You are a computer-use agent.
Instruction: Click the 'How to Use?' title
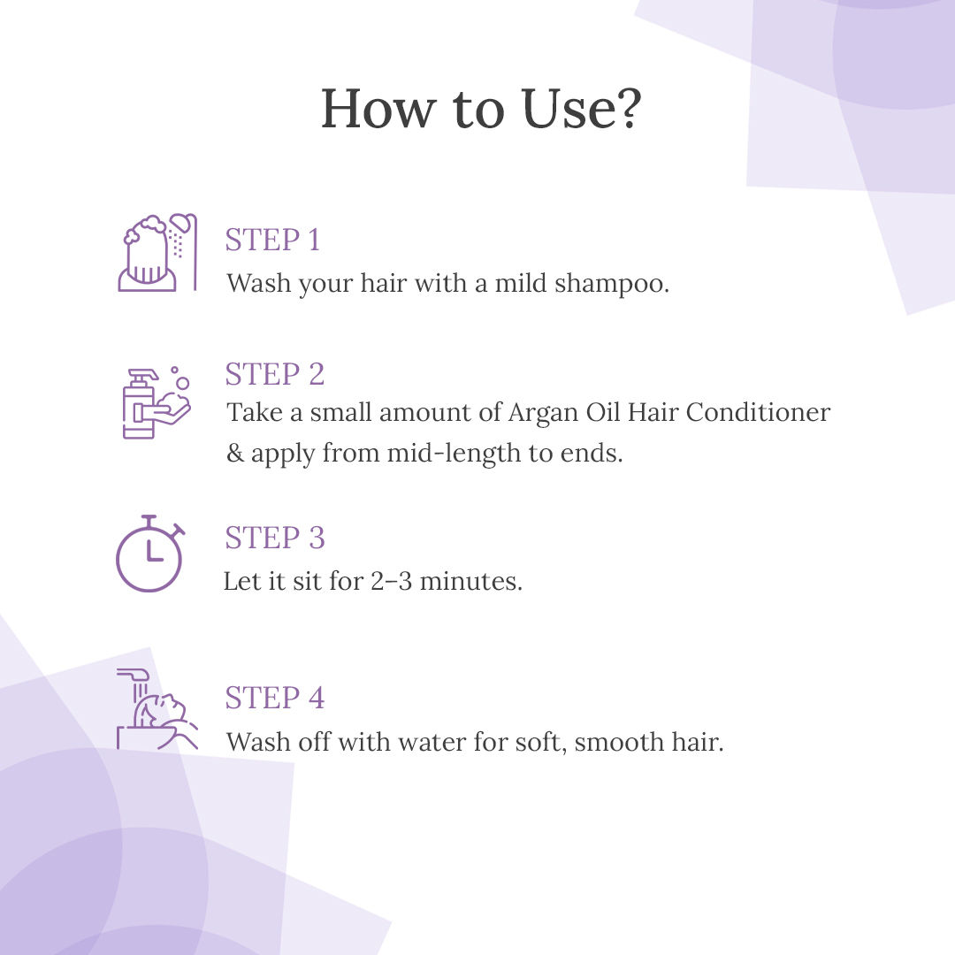click(x=481, y=109)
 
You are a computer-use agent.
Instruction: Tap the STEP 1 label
click(x=272, y=240)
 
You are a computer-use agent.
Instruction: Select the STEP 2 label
click(x=275, y=374)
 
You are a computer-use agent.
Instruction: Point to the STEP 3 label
click(x=275, y=538)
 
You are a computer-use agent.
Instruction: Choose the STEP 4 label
click(x=275, y=698)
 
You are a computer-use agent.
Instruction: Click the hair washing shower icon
click(x=157, y=252)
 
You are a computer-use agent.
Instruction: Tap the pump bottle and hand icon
click(x=157, y=402)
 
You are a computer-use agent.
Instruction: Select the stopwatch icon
click(x=149, y=553)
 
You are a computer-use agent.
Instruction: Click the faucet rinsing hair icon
click(x=157, y=708)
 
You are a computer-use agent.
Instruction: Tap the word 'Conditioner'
click(x=759, y=412)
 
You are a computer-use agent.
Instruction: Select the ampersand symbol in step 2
click(x=235, y=453)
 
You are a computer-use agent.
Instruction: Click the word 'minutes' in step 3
click(x=470, y=581)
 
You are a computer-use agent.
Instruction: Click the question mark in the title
click(x=627, y=109)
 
